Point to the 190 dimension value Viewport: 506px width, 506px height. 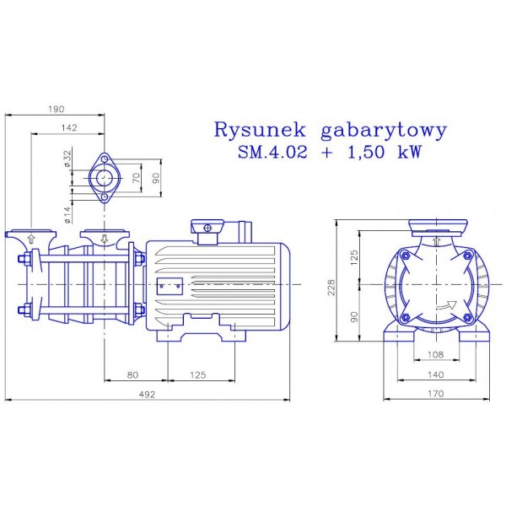[57, 109]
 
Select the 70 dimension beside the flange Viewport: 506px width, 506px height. [137, 179]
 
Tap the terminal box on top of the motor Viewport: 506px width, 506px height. [207, 229]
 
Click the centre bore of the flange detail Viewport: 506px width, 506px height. [105, 178]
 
